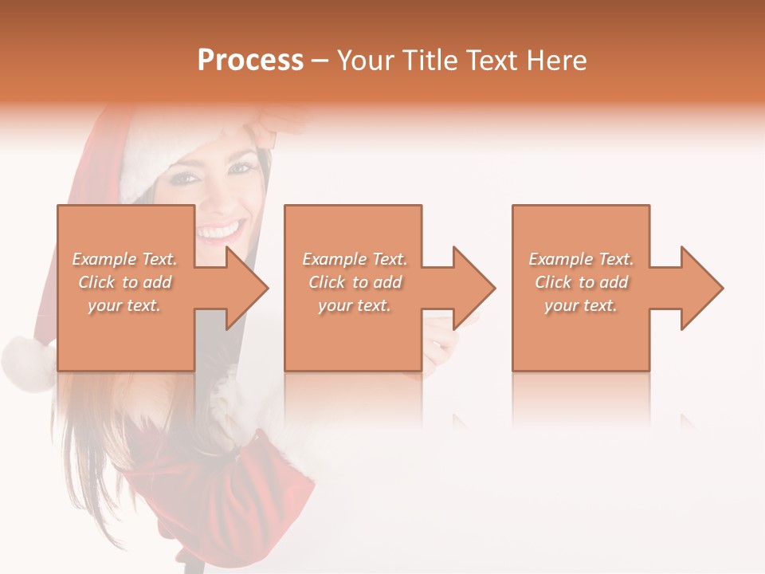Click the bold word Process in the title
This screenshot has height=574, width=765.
250,61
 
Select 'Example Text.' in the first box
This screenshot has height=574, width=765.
124,259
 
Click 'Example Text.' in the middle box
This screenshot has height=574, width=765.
355,259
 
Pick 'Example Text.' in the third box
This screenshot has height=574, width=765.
581,259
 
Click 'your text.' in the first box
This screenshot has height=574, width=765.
124,305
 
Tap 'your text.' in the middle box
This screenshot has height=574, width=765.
355,305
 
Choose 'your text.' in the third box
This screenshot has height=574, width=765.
581,305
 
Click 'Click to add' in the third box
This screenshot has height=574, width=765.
581,282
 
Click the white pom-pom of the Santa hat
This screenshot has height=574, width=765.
25,363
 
